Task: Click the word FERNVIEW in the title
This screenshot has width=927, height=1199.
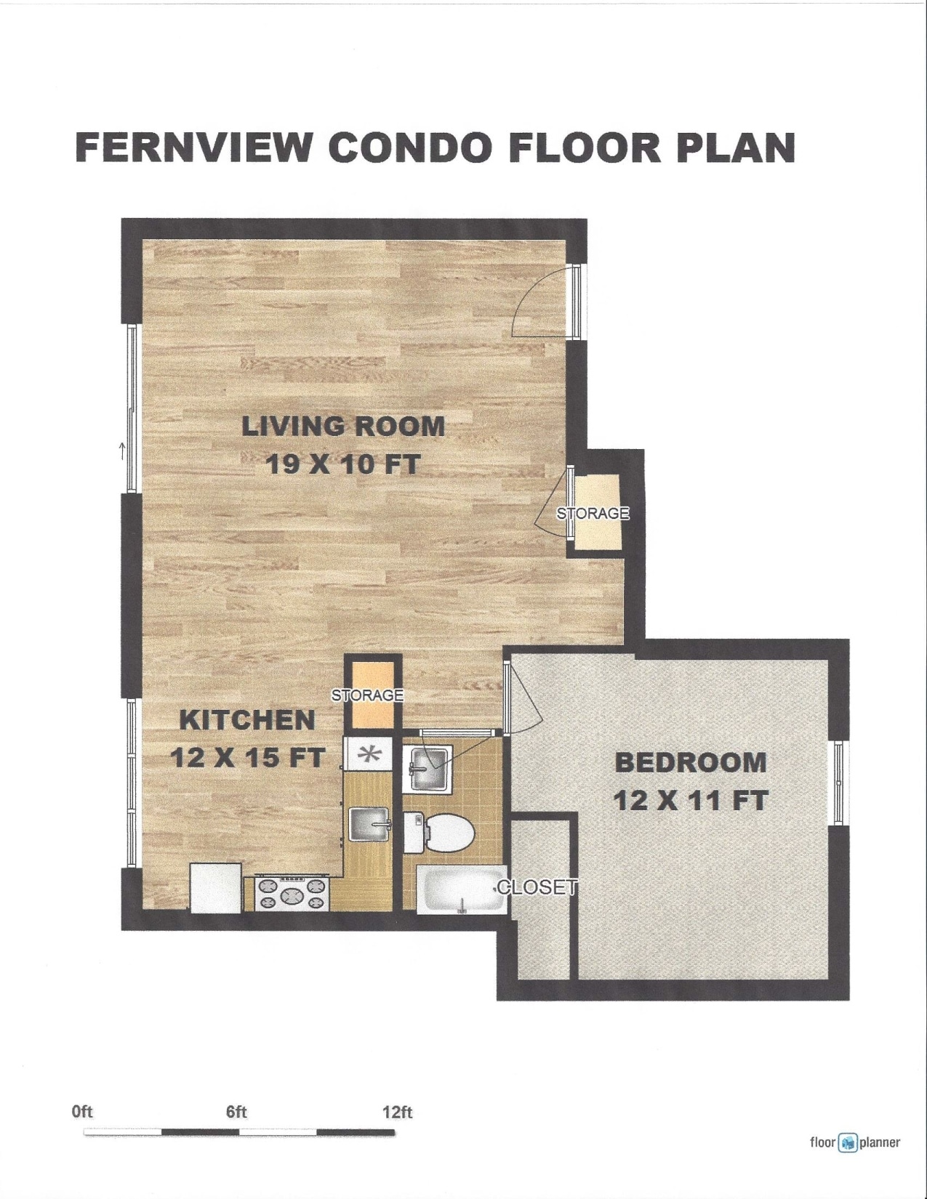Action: point(194,148)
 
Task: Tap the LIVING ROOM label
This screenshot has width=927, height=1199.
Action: point(342,426)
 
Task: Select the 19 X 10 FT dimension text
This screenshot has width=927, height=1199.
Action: point(342,464)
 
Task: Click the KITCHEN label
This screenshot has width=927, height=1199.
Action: point(247,720)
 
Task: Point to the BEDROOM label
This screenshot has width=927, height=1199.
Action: point(690,762)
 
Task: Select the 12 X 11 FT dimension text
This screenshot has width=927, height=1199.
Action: point(690,801)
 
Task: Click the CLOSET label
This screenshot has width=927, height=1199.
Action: point(537,887)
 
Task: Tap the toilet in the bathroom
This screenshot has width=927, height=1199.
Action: point(441,833)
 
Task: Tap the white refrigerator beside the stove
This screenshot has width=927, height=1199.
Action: point(216,887)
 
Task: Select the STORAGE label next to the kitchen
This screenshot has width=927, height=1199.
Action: point(367,695)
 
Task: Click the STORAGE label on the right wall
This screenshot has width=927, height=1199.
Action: point(593,514)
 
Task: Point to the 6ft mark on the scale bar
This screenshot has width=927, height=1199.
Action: point(236,1112)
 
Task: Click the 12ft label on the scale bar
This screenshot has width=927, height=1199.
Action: point(397,1112)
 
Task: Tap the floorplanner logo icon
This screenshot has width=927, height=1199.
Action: point(847,1142)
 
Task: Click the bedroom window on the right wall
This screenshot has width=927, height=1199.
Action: point(838,783)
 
